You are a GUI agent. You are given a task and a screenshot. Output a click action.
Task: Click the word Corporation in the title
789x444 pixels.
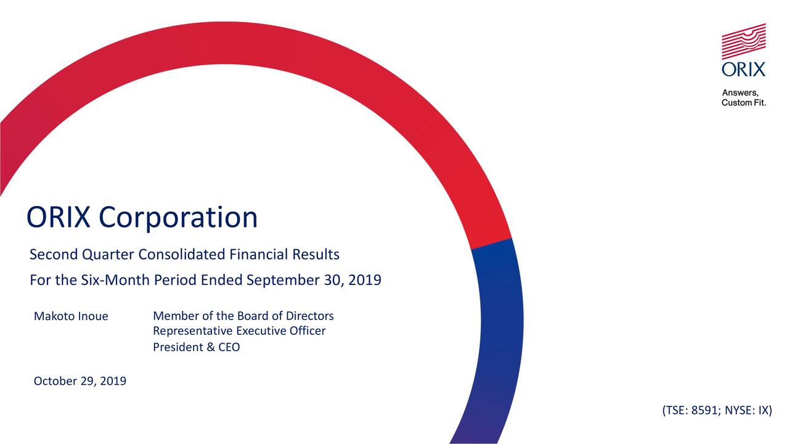pyautogui.click(x=178, y=218)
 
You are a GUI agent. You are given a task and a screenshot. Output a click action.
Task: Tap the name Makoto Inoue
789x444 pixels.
pyautogui.click(x=71, y=317)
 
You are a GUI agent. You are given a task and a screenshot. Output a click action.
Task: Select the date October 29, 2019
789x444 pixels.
pyautogui.click(x=80, y=382)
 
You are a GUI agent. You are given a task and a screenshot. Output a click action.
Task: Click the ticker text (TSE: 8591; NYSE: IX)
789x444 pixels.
pyautogui.click(x=716, y=411)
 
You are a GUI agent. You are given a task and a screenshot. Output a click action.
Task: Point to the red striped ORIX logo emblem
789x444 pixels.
pyautogui.click(x=744, y=42)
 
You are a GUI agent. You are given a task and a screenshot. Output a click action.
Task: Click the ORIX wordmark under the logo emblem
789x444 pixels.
pyautogui.click(x=744, y=68)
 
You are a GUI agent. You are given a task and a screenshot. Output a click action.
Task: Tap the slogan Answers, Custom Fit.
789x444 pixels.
pyautogui.click(x=743, y=98)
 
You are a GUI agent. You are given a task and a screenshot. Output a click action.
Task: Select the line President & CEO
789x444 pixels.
pyautogui.click(x=196, y=347)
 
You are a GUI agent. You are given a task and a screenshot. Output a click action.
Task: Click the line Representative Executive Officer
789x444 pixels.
pyautogui.click(x=239, y=332)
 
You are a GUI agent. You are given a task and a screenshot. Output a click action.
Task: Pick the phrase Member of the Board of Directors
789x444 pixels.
pyautogui.click(x=243, y=316)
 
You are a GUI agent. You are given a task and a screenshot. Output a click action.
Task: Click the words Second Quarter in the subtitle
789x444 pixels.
pyautogui.click(x=83, y=255)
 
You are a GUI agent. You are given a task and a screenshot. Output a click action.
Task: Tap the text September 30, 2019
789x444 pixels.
pyautogui.click(x=313, y=281)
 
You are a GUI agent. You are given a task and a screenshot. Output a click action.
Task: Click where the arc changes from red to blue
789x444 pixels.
pyautogui.click(x=491, y=244)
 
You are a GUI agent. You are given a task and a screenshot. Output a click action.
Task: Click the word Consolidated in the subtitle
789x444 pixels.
pyautogui.click(x=182, y=255)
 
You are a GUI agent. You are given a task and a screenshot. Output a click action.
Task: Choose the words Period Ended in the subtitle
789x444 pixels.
pyautogui.click(x=197, y=281)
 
